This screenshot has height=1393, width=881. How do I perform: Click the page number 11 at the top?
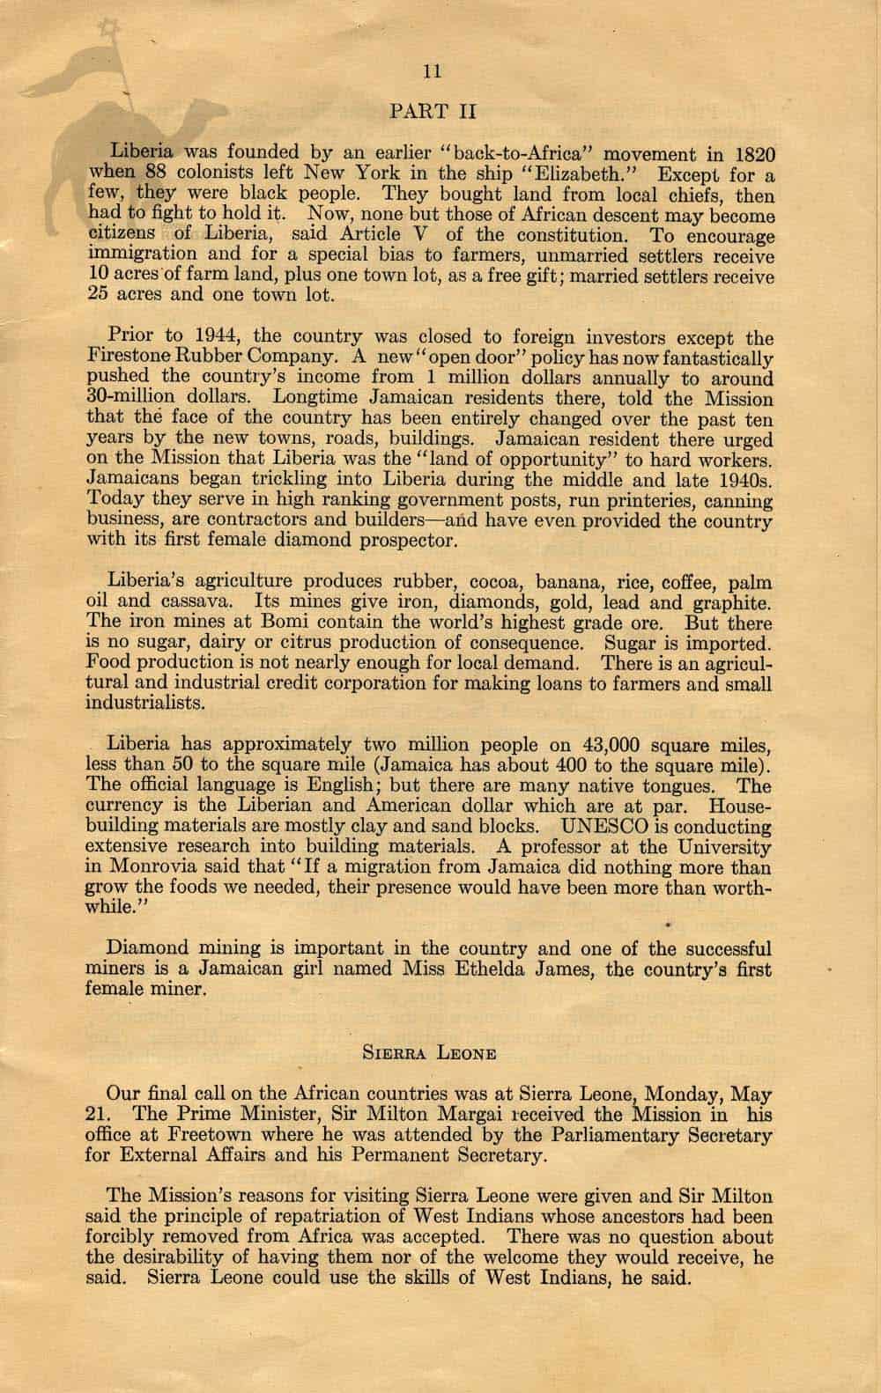[x=431, y=72]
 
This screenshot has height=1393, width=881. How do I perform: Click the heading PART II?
[x=432, y=111]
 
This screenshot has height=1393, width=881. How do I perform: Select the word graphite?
[x=730, y=603]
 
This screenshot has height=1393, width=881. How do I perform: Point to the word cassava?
[x=191, y=603]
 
